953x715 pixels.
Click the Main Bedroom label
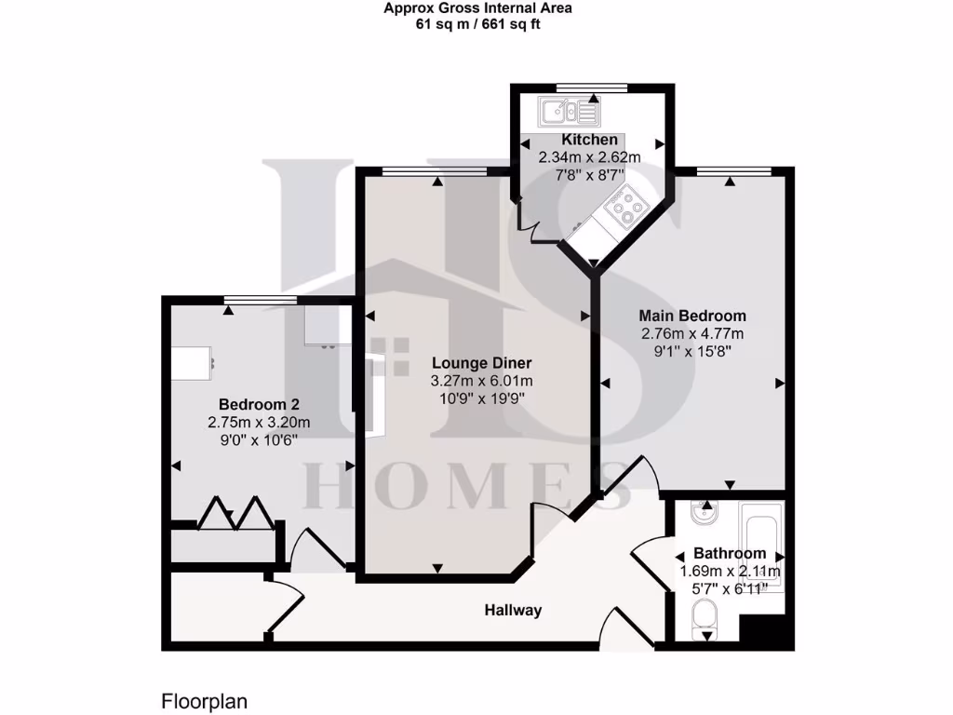click(691, 316)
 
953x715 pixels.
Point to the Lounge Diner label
click(481, 363)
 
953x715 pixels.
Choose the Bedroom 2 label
click(258, 404)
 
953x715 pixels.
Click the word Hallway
click(512, 611)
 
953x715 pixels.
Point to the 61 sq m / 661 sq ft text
click(477, 24)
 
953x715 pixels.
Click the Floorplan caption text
click(205, 701)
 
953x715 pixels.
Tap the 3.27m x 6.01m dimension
click(481, 381)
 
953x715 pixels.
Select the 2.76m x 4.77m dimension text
click(691, 333)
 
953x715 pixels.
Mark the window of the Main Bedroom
click(733, 170)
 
